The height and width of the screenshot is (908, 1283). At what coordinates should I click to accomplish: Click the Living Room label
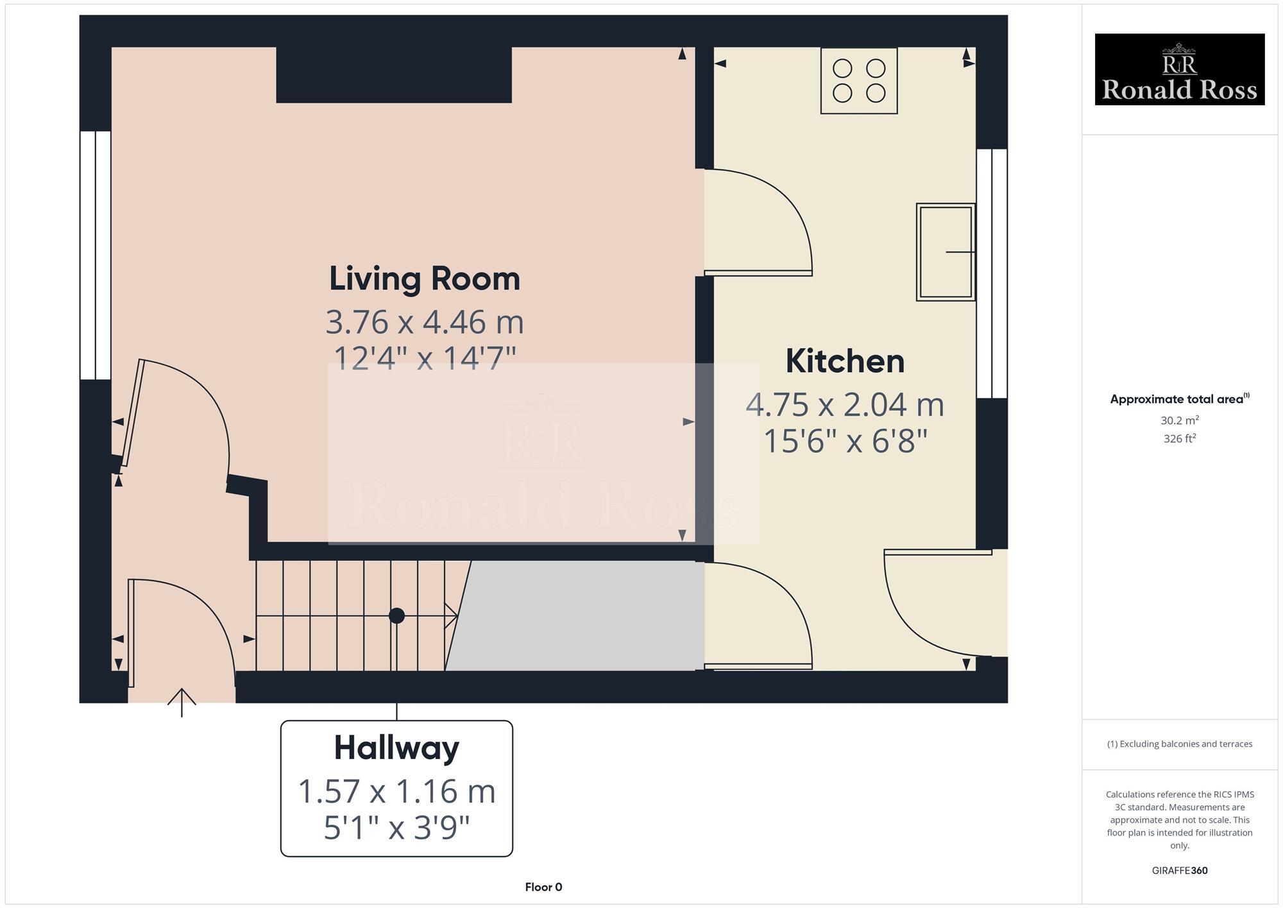(x=424, y=279)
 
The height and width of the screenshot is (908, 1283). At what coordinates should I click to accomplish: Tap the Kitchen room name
(x=844, y=361)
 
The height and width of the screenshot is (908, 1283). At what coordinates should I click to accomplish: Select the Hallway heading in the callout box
(x=396, y=748)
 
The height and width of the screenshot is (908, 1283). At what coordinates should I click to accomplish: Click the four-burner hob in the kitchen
(x=858, y=81)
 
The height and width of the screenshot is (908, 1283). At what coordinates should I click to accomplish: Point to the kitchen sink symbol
(x=945, y=252)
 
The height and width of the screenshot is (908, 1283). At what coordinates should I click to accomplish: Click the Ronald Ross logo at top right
(x=1179, y=69)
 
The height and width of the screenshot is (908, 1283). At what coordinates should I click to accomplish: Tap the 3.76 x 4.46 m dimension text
(x=424, y=322)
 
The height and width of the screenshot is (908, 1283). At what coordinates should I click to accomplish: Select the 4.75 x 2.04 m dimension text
(x=844, y=405)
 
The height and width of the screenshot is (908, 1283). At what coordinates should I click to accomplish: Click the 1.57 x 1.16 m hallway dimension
(x=396, y=791)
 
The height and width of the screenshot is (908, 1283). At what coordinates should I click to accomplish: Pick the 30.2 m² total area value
(x=1179, y=420)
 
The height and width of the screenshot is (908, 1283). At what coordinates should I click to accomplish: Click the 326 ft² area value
(x=1179, y=439)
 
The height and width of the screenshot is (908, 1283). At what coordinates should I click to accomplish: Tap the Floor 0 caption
(x=543, y=887)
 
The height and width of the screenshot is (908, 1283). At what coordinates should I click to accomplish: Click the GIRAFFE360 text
(x=1179, y=871)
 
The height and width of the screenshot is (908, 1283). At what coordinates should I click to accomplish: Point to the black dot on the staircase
(x=396, y=616)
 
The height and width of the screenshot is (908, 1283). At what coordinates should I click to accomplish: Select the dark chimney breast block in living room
(x=393, y=74)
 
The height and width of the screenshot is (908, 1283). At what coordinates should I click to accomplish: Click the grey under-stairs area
(x=577, y=616)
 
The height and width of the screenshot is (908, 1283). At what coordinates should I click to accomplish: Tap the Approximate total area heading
(x=1179, y=399)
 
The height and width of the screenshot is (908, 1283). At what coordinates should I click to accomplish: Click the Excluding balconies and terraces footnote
(x=1179, y=744)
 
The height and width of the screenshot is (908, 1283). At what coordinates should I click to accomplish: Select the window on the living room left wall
(x=96, y=255)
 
